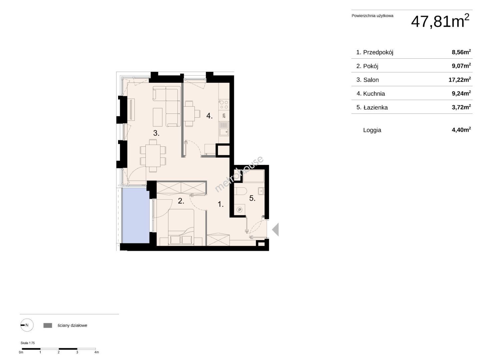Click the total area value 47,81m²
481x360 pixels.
(440, 21)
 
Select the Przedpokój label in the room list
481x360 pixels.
(378, 52)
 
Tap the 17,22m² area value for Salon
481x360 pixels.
(460, 79)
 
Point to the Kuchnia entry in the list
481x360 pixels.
(374, 94)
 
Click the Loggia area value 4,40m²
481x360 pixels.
(461, 130)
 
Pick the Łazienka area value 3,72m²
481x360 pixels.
(461, 107)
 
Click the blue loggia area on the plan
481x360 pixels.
(136, 216)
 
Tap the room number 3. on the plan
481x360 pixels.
(156, 133)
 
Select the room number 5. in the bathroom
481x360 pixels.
(252, 198)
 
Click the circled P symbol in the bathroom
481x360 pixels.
(240, 210)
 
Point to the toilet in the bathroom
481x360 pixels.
(240, 191)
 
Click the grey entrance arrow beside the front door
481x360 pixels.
(276, 229)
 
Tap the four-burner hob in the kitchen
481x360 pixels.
(224, 104)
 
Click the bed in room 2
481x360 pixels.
(181, 227)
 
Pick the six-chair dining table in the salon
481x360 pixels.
(153, 155)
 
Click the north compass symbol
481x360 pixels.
(27, 325)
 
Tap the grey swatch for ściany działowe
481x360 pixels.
(48, 325)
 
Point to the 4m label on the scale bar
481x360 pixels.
(97, 352)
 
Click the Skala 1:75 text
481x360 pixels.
(28, 343)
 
